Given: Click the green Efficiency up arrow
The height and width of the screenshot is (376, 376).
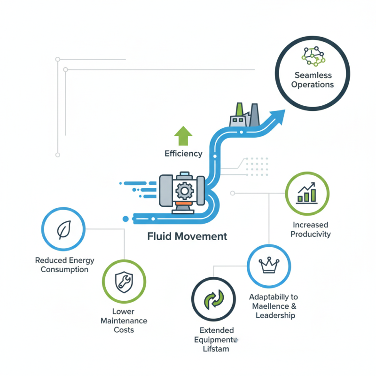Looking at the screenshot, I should [x=183, y=135].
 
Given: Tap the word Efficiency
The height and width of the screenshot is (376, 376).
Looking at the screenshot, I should [x=183, y=154].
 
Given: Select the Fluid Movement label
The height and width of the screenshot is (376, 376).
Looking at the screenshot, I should [x=187, y=236].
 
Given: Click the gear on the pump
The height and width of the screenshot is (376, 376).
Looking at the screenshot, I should [x=182, y=190].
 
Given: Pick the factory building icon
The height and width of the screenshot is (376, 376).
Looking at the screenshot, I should [x=244, y=115].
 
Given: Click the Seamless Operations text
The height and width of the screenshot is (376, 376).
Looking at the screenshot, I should [x=312, y=80].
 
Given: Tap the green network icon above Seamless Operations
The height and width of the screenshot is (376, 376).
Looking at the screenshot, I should [x=313, y=56].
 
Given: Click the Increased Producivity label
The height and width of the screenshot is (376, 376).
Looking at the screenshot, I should [x=310, y=229].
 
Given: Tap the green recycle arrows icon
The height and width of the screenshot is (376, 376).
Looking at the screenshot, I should [x=213, y=299].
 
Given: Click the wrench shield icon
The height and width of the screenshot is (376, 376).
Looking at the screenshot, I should [x=124, y=281].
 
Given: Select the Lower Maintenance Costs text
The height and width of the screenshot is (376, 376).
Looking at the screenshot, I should [x=124, y=321].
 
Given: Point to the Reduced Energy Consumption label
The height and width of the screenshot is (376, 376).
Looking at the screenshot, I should [x=64, y=265].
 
